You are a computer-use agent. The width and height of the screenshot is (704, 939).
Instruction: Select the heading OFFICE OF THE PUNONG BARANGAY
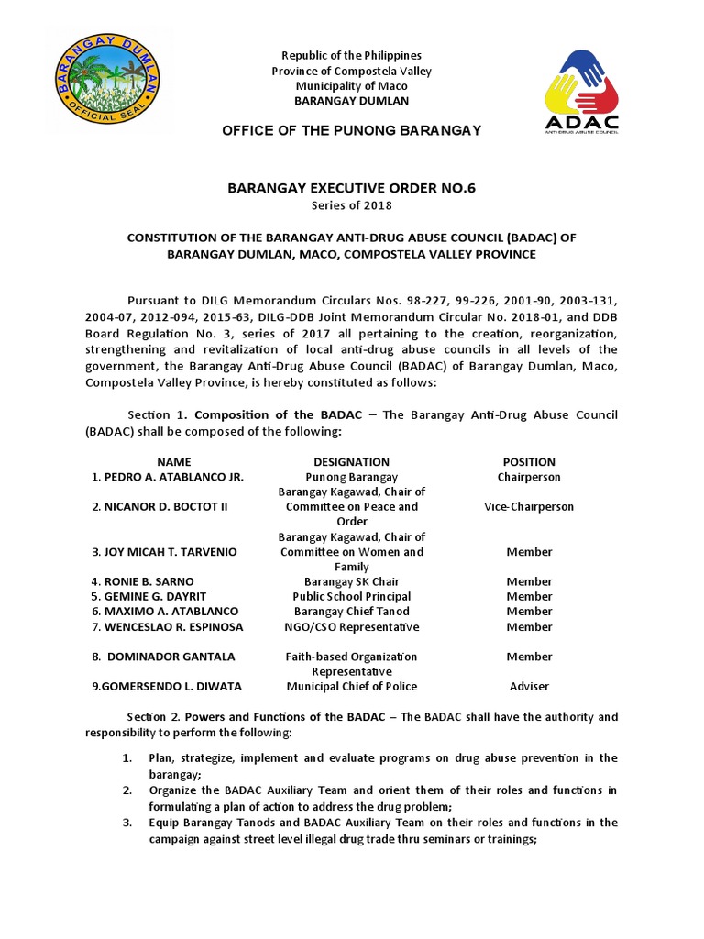coord(351,130)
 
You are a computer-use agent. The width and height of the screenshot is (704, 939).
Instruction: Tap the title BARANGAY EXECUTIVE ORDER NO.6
coord(351,189)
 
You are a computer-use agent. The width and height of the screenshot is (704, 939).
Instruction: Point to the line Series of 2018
coord(351,207)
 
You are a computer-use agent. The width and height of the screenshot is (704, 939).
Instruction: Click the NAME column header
coord(174,462)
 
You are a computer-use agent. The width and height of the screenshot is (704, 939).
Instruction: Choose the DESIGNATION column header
coord(351,462)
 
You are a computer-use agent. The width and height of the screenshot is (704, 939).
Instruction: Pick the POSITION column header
coord(529,462)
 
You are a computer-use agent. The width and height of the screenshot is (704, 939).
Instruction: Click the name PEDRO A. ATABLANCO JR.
coord(168,478)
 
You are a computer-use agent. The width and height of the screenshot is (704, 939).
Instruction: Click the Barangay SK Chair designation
coord(351,581)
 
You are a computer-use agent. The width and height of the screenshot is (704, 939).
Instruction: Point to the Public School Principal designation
coord(351,596)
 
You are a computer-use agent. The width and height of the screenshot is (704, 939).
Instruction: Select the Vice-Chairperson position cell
coord(529,507)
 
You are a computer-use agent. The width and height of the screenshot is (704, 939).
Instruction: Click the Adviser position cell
coord(529,686)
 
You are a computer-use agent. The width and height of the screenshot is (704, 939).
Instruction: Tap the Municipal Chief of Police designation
coord(351,686)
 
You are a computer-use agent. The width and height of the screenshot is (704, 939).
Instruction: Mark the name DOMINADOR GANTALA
coord(163,657)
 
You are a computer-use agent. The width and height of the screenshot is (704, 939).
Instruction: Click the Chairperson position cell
coord(529,477)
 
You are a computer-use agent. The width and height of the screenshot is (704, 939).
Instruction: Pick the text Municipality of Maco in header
coord(351,86)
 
